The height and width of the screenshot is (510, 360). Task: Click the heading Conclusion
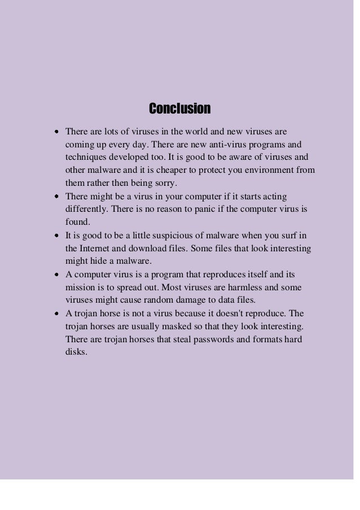point(179,108)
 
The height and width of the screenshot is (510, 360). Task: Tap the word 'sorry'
point(164,182)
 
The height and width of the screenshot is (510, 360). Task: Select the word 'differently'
point(86,209)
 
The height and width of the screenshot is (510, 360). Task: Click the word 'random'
point(160,299)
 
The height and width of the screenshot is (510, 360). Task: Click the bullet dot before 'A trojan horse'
point(58,313)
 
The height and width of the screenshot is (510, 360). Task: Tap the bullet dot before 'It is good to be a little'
point(58,236)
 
